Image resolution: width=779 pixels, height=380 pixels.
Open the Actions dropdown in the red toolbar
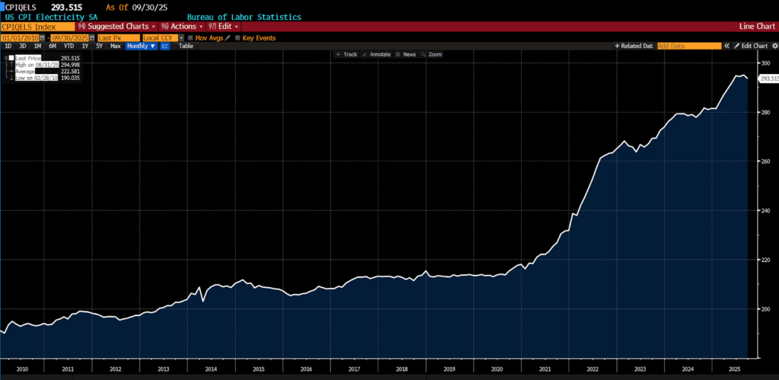coord(181,27)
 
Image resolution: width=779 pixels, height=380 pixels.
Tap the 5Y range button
coord(99,46)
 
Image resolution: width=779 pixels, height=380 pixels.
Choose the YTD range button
coord(68,46)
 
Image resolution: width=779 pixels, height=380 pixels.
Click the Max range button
coord(116,46)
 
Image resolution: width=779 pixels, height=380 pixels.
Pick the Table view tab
coord(186,46)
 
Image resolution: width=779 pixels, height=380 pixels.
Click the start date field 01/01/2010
coord(21,37)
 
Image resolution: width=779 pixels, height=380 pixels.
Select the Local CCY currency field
coord(160,37)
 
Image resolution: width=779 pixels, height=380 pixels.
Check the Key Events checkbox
coord(238,37)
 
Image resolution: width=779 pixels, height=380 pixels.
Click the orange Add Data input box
coord(688,46)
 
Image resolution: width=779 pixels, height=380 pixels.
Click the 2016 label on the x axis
coord(305,369)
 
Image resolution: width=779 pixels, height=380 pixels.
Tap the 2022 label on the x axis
coord(591,369)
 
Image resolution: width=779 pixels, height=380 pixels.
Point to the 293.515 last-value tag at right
coord(769,78)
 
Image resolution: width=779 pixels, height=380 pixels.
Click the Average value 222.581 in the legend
coord(70,72)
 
